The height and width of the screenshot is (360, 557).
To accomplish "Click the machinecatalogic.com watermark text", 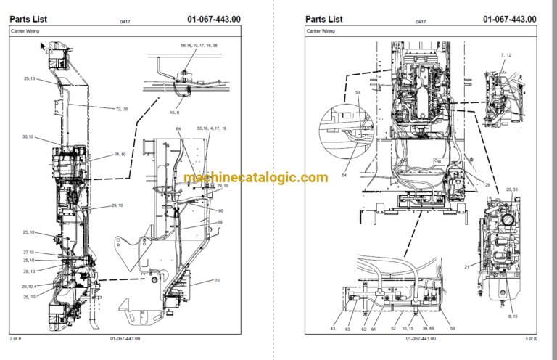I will [x=255, y=178].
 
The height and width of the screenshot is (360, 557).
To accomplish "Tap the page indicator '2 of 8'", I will [x=16, y=339].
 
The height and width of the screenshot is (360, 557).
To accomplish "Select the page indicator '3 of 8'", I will [x=529, y=339].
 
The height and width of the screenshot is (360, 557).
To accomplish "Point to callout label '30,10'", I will [x=28, y=136].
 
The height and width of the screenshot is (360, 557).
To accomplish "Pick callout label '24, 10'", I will [x=120, y=154].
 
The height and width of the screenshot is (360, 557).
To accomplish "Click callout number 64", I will [x=178, y=129].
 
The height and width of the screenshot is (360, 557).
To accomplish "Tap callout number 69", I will [x=220, y=222].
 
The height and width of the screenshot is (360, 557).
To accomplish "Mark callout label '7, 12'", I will [x=506, y=55].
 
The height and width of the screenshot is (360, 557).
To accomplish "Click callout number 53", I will [x=357, y=93].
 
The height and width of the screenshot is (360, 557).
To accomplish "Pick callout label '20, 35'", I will [x=511, y=189].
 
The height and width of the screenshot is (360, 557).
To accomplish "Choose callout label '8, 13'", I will [x=513, y=316].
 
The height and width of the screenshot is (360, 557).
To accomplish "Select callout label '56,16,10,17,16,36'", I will [x=194, y=46].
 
